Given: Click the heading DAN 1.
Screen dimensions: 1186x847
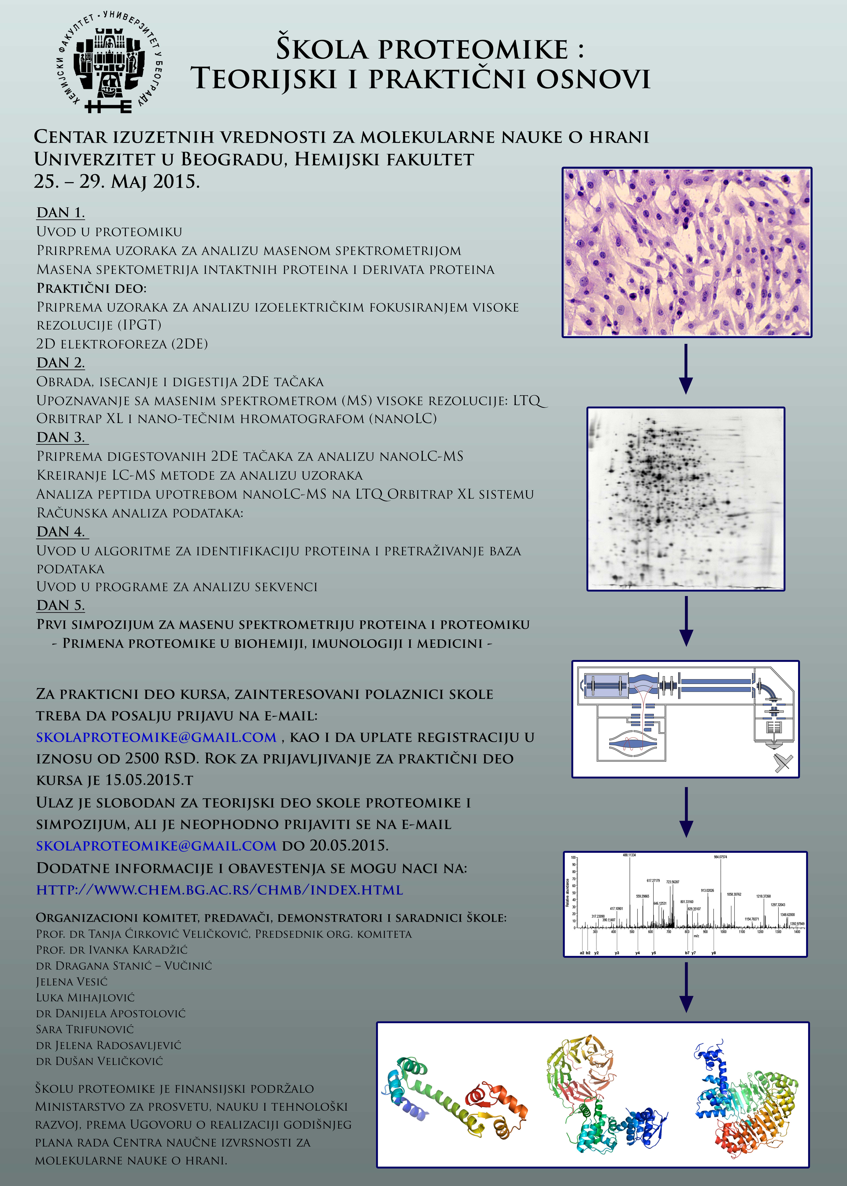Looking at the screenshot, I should (61, 213).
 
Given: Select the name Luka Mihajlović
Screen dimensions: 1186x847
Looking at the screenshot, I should (85, 997).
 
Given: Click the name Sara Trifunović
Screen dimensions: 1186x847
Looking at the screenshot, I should (85, 1029).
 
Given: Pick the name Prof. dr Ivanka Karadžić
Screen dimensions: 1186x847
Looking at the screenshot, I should (112, 950).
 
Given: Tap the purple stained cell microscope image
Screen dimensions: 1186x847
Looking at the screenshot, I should (686, 252).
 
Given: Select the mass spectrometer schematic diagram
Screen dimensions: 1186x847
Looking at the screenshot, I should (685, 719).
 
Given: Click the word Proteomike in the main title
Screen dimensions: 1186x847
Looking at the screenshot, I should (473, 49).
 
